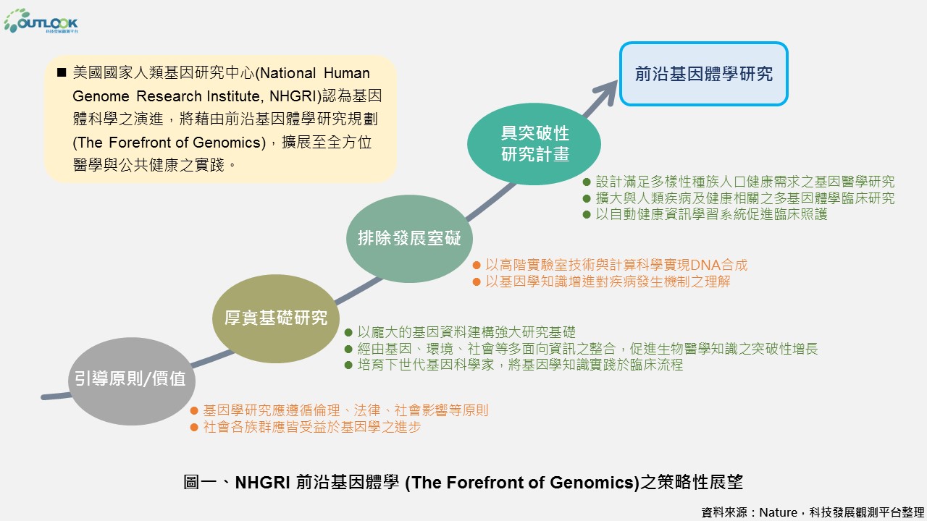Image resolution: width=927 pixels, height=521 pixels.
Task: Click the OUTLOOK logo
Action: tap(41, 21)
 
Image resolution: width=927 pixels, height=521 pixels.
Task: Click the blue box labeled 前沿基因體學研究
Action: tap(703, 74)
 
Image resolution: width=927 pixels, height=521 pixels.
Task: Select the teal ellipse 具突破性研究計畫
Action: tap(534, 143)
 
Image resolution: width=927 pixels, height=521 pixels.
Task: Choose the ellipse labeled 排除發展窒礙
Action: tap(409, 239)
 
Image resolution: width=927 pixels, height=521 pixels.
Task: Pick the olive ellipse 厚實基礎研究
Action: tap(276, 318)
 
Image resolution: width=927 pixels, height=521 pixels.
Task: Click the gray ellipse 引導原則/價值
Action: tap(132, 381)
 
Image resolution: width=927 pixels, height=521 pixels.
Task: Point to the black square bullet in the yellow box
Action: tap(62, 73)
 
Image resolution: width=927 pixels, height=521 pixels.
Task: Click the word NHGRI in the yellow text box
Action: tap(293, 96)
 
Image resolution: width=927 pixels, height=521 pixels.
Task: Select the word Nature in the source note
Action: tap(778, 512)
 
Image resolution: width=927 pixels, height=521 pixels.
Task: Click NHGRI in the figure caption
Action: tap(262, 483)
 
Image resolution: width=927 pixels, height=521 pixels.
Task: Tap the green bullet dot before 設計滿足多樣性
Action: tap(587, 182)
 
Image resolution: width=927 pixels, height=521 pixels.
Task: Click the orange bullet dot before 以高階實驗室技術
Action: tap(477, 265)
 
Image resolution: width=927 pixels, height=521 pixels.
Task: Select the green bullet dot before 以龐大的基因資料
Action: tap(348, 332)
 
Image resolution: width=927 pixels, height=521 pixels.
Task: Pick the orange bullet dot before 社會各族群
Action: tap(194, 427)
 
